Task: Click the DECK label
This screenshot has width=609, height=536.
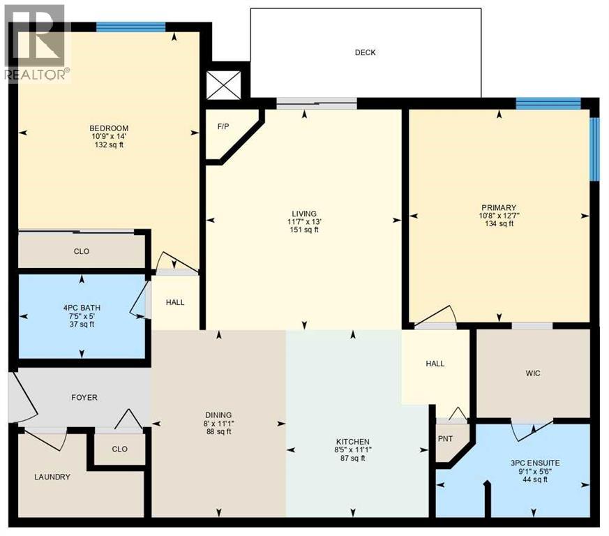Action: [x=365, y=52]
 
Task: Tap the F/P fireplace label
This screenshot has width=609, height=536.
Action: [x=223, y=127]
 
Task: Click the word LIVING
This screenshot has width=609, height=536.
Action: [x=304, y=214]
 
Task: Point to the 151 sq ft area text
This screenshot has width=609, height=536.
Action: [x=304, y=230]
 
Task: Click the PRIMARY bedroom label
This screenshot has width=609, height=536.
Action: [x=498, y=207]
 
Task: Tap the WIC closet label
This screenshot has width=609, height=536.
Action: [x=534, y=373]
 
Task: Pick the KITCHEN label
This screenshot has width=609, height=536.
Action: [x=352, y=442]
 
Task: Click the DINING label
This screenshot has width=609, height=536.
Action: [x=218, y=415]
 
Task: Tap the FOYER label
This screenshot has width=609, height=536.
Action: [x=84, y=397]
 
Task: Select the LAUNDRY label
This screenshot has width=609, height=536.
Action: [x=52, y=477]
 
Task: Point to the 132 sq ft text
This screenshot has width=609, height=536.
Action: [x=109, y=145]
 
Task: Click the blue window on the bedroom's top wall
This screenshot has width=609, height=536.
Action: [x=130, y=27]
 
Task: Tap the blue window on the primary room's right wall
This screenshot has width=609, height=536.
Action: [x=594, y=148]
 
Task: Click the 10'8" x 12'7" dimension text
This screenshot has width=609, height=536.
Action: [x=498, y=216]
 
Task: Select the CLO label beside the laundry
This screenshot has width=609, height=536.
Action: [x=119, y=449]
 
